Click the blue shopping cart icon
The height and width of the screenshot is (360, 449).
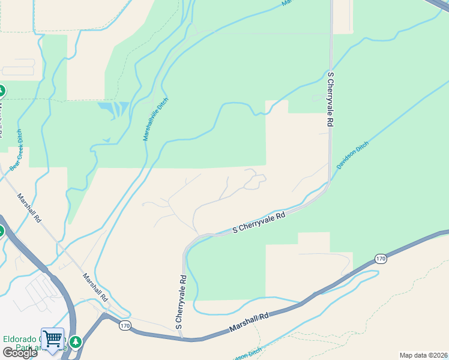52,340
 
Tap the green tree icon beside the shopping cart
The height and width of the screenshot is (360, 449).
76,342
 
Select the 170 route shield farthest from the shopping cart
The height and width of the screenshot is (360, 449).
381,259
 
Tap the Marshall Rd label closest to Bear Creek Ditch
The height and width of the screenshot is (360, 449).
29,208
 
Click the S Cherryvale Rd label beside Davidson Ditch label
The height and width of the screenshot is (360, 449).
330,98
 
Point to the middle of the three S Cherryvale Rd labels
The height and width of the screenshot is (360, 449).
259,224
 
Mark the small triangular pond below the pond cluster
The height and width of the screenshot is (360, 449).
107,140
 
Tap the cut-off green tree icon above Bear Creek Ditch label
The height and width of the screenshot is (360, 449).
1,92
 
